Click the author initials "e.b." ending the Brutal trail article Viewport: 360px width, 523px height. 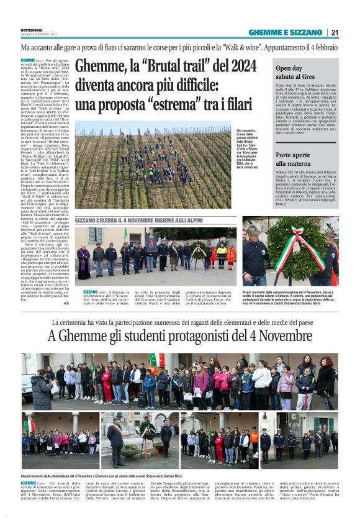coord(66,303)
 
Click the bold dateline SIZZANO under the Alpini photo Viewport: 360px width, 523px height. coord(89,291)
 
